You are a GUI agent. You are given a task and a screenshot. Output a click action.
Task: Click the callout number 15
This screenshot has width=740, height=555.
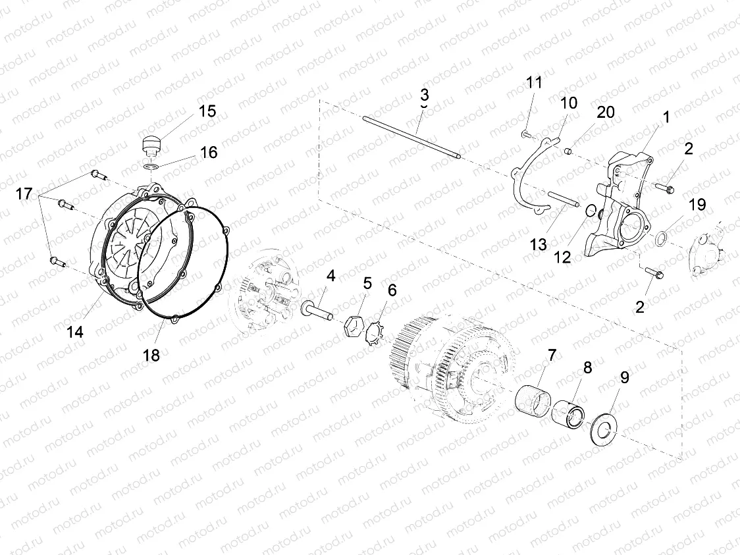(x=207, y=111)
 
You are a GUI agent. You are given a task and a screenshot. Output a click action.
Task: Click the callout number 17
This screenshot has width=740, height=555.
(x=24, y=194)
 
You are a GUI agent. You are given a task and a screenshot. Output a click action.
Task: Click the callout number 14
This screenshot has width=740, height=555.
(x=76, y=332)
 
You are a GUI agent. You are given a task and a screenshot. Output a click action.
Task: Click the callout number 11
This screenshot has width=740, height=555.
(x=534, y=83)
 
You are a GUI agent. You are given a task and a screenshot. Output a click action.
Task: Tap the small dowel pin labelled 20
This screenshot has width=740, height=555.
(x=566, y=151)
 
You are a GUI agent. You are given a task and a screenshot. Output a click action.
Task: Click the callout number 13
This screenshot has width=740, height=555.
(x=538, y=244)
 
